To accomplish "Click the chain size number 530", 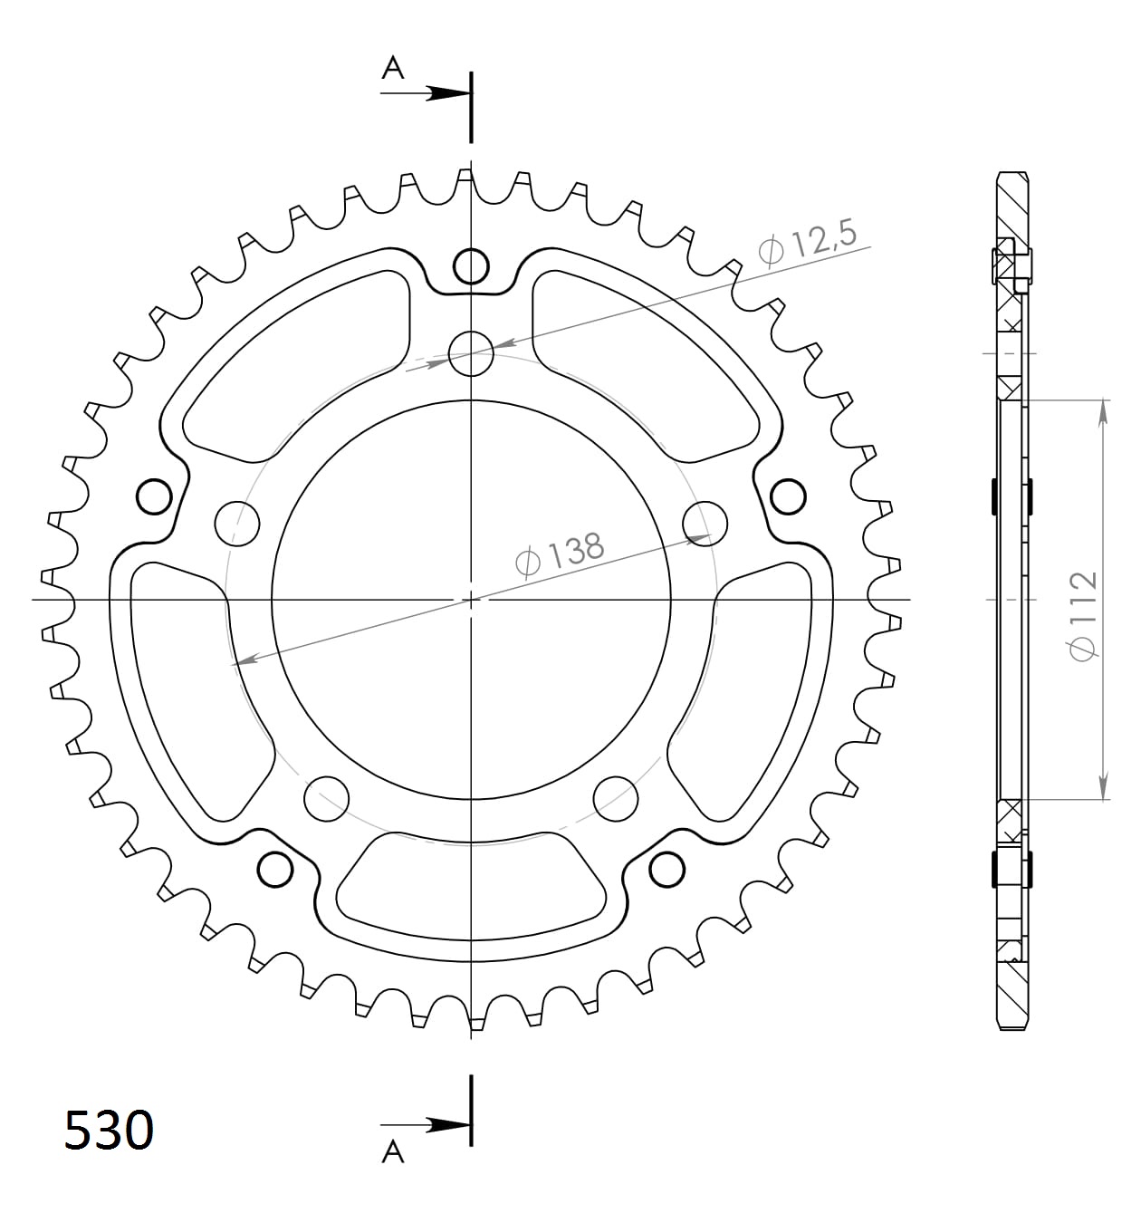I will (109, 1130).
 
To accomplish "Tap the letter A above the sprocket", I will (392, 67).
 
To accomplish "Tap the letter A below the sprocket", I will (392, 1151).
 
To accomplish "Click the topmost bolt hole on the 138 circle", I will (471, 351).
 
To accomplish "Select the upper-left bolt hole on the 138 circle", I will (237, 522).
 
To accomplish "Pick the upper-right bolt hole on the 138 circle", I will (705, 522).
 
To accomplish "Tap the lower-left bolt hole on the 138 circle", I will (327, 796).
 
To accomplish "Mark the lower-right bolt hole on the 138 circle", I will (616, 796).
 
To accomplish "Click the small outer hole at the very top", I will (471, 266).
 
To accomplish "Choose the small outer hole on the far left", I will (154, 496).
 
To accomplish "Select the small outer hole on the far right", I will (788, 496).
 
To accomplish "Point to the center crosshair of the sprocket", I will (471, 599).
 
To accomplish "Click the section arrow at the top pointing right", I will (448, 93).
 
